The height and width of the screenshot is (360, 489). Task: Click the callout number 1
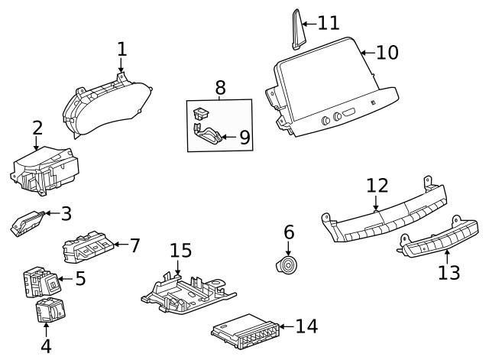121,49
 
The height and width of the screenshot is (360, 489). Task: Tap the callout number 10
387,53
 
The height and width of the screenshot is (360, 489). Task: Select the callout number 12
377,186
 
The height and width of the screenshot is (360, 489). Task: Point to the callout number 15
180,251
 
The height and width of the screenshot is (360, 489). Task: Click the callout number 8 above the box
220,87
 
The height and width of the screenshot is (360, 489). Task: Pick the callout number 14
306,327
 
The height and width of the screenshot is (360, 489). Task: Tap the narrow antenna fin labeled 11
297,31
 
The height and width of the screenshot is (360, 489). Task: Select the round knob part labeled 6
288,267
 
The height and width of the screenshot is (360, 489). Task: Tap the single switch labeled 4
50,310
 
